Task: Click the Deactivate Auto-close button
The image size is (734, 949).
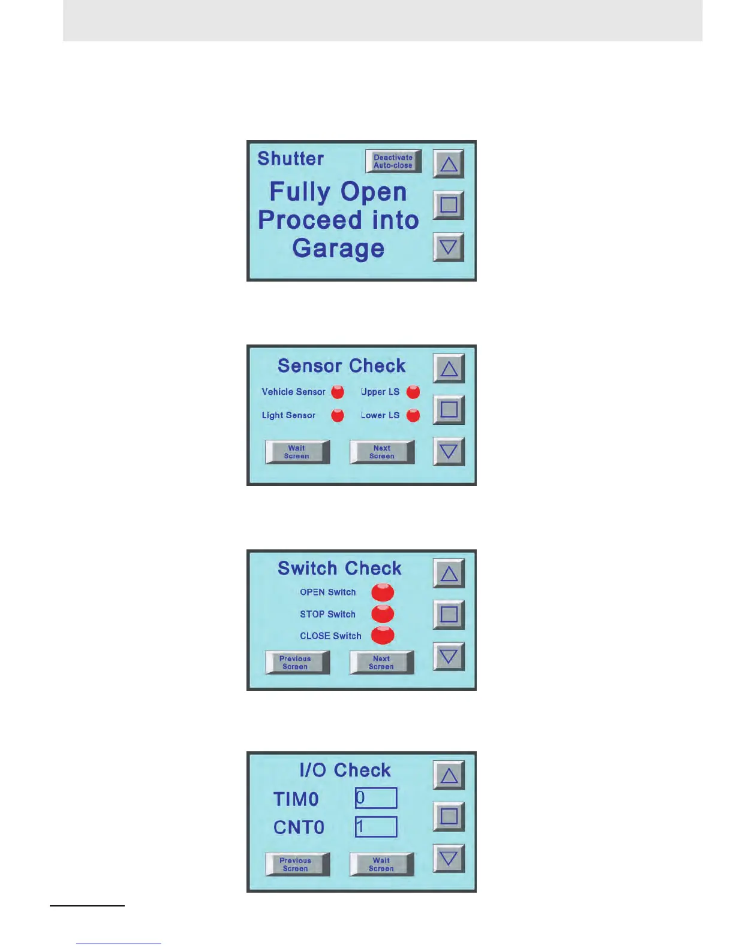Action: point(393,161)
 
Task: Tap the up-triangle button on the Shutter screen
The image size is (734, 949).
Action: point(449,164)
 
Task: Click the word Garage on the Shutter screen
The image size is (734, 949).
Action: point(338,248)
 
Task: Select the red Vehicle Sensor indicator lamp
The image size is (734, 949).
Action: point(338,392)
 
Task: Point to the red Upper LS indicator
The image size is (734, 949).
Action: point(413,392)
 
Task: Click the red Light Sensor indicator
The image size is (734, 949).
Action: point(338,415)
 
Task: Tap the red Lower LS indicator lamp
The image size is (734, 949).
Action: point(413,415)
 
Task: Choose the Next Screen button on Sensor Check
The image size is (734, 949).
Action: point(382,452)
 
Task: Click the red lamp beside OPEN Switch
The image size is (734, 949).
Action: point(383,592)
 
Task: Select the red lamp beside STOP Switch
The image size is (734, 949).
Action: point(383,613)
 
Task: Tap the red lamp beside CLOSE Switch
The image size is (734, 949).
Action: point(383,635)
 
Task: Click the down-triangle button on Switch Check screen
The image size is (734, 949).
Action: point(449,657)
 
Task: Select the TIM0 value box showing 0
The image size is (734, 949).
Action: point(376,798)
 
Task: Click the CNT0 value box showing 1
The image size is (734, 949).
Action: point(376,827)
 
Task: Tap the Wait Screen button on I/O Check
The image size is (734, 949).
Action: point(381,865)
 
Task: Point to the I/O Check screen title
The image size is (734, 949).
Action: point(345,770)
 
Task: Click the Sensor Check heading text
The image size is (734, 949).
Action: point(341,366)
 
